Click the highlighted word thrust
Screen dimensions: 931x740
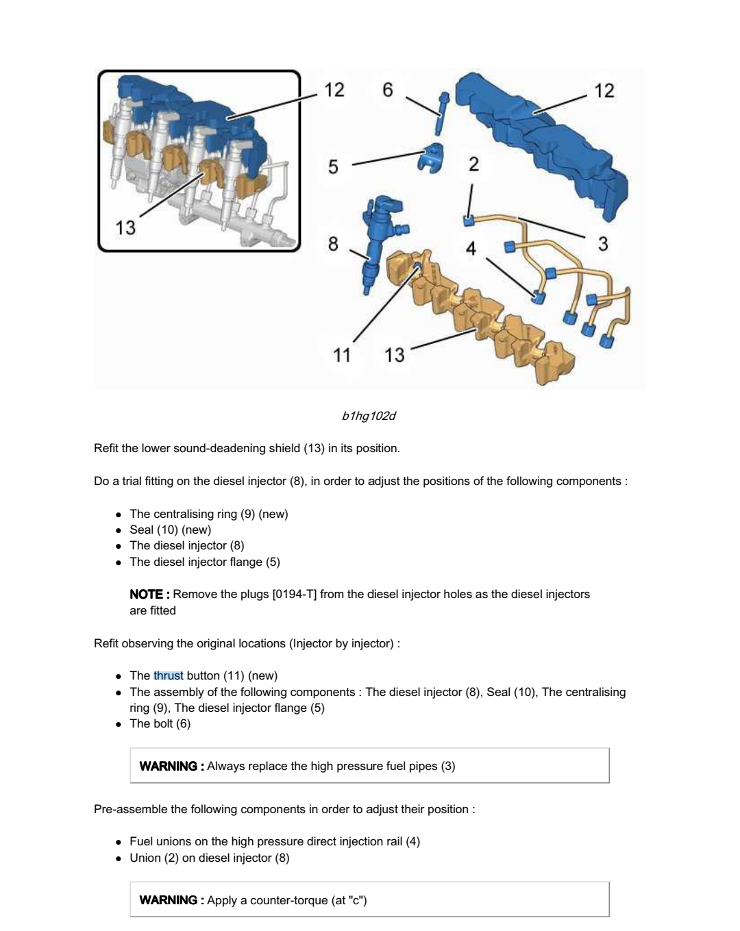coord(168,675)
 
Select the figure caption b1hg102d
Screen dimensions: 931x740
coord(369,416)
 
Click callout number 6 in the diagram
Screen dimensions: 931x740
coord(388,90)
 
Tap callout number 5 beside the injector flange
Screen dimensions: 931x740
coord(333,166)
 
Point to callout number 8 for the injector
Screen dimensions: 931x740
coord(333,244)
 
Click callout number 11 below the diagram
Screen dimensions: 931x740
coord(341,355)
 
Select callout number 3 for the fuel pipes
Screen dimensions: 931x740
coord(603,244)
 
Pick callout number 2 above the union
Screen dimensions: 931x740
coord(473,164)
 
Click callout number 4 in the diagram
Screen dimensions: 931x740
coord(471,248)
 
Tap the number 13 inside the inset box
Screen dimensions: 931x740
coord(125,227)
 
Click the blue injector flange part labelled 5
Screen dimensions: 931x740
coord(431,158)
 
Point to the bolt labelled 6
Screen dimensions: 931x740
coord(439,113)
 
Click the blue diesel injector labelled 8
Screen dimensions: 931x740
coord(379,236)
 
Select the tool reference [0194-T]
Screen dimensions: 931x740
coord(294,594)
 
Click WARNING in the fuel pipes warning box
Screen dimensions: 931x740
coord(168,766)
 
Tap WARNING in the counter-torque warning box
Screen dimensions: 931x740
coord(168,900)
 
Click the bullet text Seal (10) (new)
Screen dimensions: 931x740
coord(171,530)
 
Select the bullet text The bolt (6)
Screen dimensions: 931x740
coord(160,723)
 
